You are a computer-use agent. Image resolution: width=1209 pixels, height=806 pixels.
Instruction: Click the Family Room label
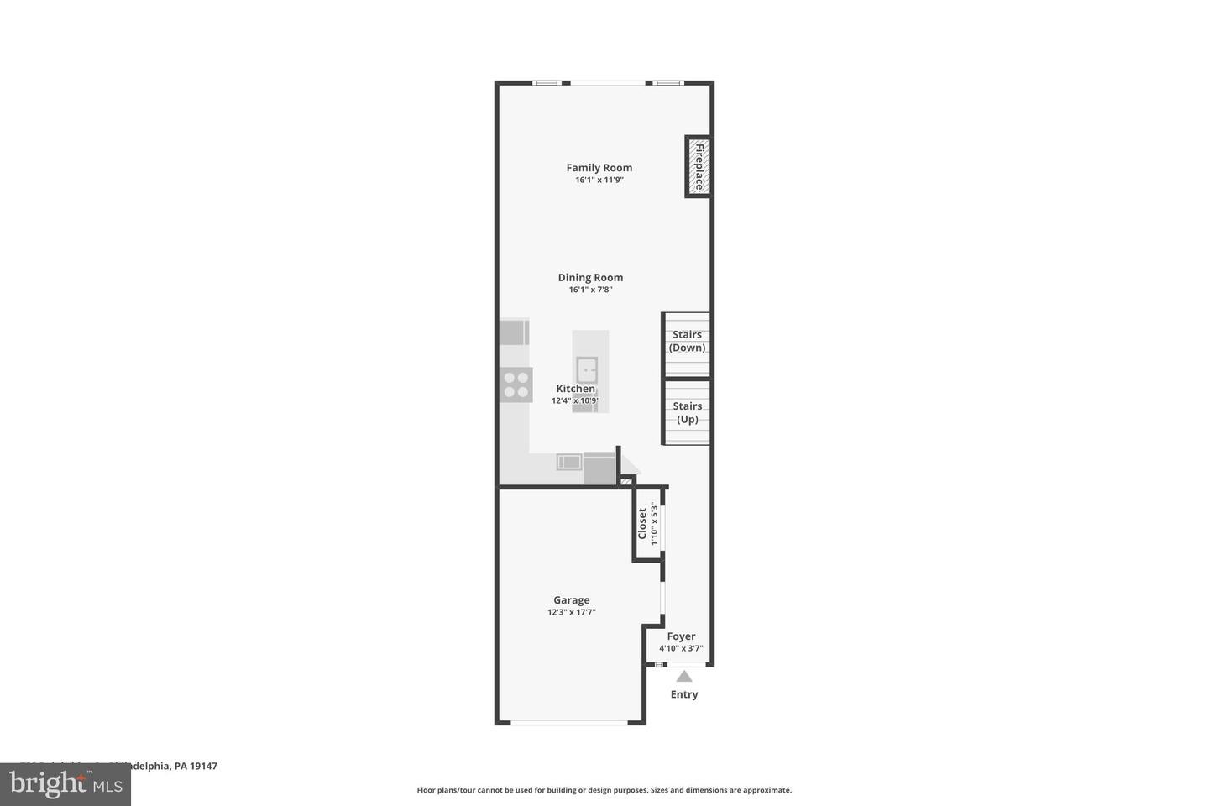pyautogui.click(x=599, y=168)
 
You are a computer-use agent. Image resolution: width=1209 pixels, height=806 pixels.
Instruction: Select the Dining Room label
pyautogui.click(x=590, y=278)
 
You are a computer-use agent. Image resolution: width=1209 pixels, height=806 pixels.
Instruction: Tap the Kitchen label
pyautogui.click(x=575, y=389)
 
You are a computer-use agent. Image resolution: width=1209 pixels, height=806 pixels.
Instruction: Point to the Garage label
pyautogui.click(x=571, y=600)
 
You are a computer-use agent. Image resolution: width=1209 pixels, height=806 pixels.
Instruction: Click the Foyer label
pyautogui.click(x=681, y=636)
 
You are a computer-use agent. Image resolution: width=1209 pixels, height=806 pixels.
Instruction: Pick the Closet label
pyautogui.click(x=642, y=523)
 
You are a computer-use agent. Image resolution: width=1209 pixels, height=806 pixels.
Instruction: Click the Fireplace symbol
pyautogui.click(x=698, y=166)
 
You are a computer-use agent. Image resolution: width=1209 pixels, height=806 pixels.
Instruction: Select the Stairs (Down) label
pyautogui.click(x=687, y=341)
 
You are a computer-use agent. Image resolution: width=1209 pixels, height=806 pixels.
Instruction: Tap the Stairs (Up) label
pyautogui.click(x=687, y=412)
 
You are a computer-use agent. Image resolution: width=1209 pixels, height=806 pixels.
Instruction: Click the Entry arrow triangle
pyautogui.click(x=684, y=676)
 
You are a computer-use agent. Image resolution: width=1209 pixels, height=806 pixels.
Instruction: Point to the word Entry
pyautogui.click(x=684, y=694)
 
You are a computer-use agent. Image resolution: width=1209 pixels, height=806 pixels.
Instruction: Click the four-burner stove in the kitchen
pyautogui.click(x=516, y=385)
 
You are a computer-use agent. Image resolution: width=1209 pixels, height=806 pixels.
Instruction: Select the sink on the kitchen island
pyautogui.click(x=587, y=369)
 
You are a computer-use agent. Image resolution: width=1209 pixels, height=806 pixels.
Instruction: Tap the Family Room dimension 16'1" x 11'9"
pyautogui.click(x=599, y=180)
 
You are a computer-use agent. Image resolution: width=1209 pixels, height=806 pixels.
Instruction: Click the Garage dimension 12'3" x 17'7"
pyautogui.click(x=571, y=612)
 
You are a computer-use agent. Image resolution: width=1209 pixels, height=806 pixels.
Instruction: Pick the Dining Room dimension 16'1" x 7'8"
pyautogui.click(x=590, y=290)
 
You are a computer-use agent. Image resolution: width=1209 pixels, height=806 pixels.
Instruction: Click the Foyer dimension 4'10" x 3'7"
pyautogui.click(x=681, y=648)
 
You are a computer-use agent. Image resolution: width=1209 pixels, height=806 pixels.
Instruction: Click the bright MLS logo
pyautogui.click(x=65, y=785)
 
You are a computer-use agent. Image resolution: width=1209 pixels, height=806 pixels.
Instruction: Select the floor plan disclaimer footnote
pyautogui.click(x=604, y=790)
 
